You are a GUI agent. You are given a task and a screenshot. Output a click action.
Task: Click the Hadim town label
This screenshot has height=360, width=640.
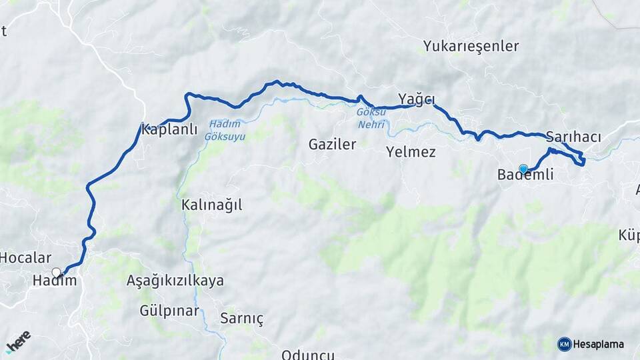pyautogui.click(x=55, y=281)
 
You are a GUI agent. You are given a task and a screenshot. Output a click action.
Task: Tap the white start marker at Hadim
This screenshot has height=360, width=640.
pyautogui.click(x=57, y=272)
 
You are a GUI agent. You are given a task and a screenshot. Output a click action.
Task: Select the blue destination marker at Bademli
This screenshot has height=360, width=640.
pyautogui.click(x=523, y=169)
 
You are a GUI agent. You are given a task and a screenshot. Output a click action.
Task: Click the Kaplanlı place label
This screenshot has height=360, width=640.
pyautogui.click(x=169, y=130)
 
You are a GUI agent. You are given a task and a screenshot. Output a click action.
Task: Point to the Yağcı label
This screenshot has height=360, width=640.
pyautogui.click(x=417, y=99)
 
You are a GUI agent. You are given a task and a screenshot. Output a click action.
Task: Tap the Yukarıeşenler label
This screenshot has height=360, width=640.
pyautogui.click(x=471, y=47)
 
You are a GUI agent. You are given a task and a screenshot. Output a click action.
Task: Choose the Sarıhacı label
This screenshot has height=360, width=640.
pyautogui.click(x=573, y=137)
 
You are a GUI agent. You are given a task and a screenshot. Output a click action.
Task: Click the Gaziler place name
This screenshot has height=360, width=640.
pyautogui.click(x=332, y=144)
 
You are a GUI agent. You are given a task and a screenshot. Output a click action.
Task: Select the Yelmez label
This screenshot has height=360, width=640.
pyautogui.click(x=411, y=152)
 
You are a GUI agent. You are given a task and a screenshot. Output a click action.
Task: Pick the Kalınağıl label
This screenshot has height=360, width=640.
pyautogui.click(x=211, y=205)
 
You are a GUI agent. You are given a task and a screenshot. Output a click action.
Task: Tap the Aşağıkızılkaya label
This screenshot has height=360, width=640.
pyautogui.click(x=175, y=281)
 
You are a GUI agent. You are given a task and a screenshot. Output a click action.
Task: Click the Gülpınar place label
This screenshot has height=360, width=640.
pyautogui.click(x=169, y=311)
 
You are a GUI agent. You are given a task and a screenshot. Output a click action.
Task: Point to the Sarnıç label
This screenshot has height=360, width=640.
pyautogui.click(x=241, y=319)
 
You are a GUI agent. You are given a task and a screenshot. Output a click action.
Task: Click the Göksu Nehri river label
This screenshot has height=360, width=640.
pyautogui.click(x=371, y=119)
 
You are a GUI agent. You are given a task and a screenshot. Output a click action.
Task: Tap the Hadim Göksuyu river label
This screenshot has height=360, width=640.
pyautogui.click(x=225, y=130)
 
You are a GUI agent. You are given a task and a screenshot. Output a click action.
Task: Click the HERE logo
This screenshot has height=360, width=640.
pyautogui.click(x=18, y=341)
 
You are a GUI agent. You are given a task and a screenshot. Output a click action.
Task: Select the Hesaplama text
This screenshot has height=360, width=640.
pyautogui.click(x=599, y=345)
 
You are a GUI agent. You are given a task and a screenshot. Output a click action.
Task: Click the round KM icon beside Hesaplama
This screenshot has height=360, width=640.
pyautogui.click(x=565, y=344)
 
